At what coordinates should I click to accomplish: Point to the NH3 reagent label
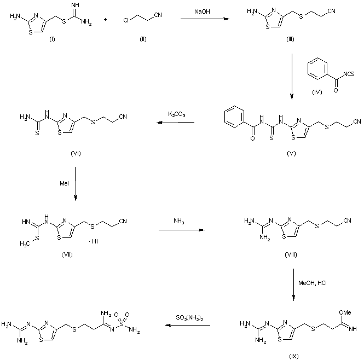[179, 221]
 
